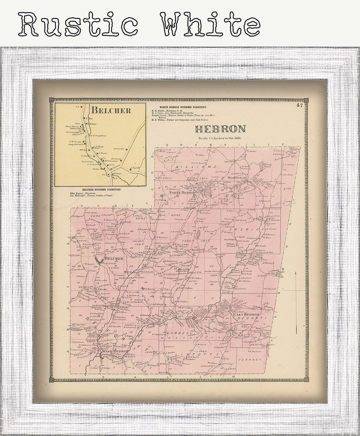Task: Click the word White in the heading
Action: coord(210,24)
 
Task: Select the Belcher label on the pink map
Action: coord(113,259)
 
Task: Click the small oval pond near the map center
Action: coord(198,235)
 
